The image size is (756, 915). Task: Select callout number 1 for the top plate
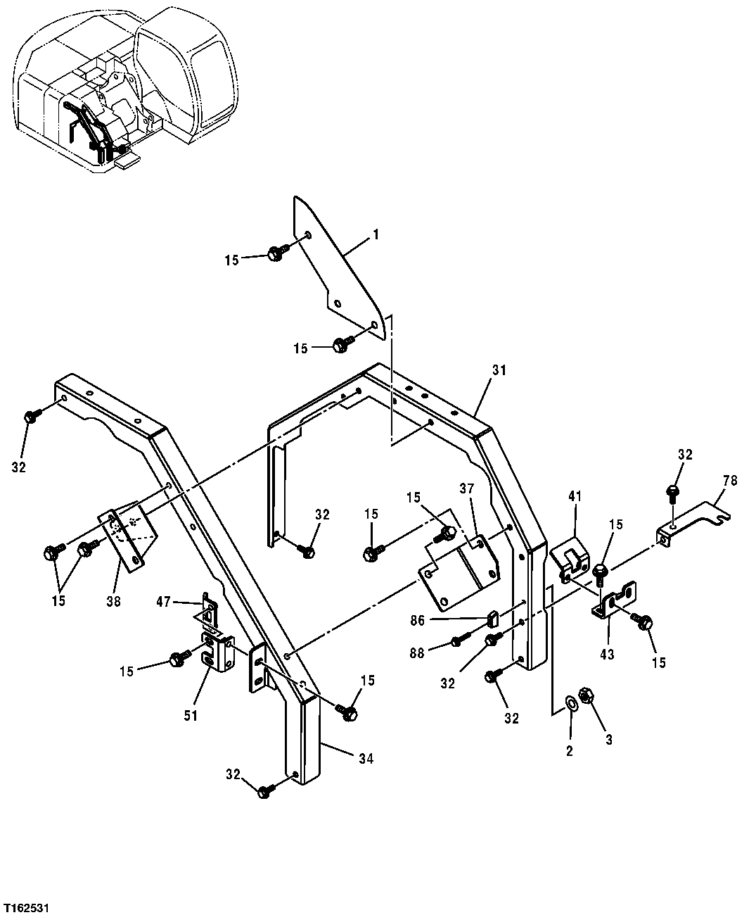[x=375, y=234]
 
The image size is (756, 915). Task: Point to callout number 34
[x=365, y=759]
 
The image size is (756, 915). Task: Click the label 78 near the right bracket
[x=730, y=481]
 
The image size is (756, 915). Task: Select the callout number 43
[x=607, y=655]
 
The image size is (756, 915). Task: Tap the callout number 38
[x=113, y=601]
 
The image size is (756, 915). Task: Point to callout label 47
[x=165, y=602]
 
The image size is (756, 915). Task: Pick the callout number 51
[x=191, y=715]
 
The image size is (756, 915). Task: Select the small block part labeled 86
[x=492, y=619]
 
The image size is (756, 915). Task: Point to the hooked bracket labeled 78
[x=693, y=524]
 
